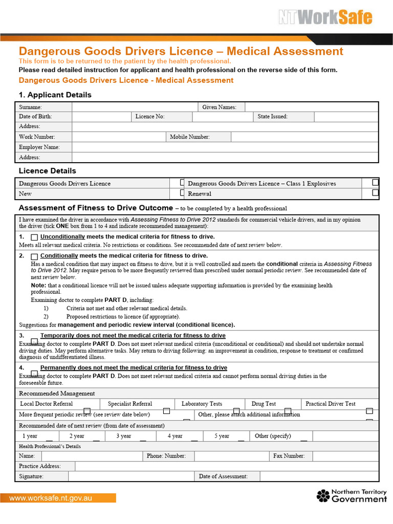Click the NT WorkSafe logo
click(x=325, y=18)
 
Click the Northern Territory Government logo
click(x=351, y=495)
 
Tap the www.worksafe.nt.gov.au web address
click(x=51, y=497)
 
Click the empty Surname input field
click(x=135, y=107)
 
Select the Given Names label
click(x=219, y=107)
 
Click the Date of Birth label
click(x=35, y=117)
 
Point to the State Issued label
click(x=272, y=117)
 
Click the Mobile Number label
click(x=189, y=137)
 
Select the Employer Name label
click(x=39, y=147)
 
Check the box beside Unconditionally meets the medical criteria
click(x=34, y=237)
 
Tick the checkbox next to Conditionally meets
click(x=34, y=256)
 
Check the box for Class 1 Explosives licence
click(x=375, y=182)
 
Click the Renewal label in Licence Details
click(x=200, y=194)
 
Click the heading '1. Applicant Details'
click(x=55, y=95)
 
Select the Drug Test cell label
click(x=264, y=404)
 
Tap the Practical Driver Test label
click(x=330, y=404)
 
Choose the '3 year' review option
click(x=123, y=436)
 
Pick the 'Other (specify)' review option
click(x=273, y=436)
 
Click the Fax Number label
click(x=289, y=455)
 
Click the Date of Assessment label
click(x=223, y=476)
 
